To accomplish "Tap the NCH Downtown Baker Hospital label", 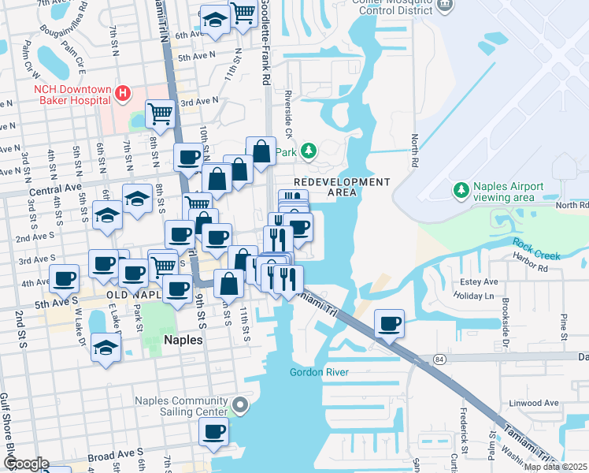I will (x=71, y=95).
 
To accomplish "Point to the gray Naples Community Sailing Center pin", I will (x=240, y=407).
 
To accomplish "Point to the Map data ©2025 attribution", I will (x=554, y=467).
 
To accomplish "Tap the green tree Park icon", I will (x=309, y=150).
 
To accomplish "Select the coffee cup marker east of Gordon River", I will (x=388, y=323).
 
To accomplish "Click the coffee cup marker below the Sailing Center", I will (x=213, y=431).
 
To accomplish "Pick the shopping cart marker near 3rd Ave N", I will (x=160, y=114).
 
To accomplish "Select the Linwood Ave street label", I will (x=535, y=404).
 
